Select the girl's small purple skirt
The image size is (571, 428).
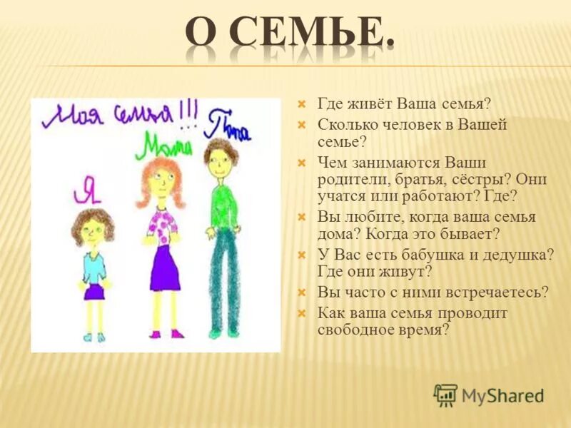[x=94, y=291]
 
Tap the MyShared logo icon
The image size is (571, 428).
[x=445, y=394]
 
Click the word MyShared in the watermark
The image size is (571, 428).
[x=502, y=395]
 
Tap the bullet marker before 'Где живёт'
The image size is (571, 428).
[x=301, y=104]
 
